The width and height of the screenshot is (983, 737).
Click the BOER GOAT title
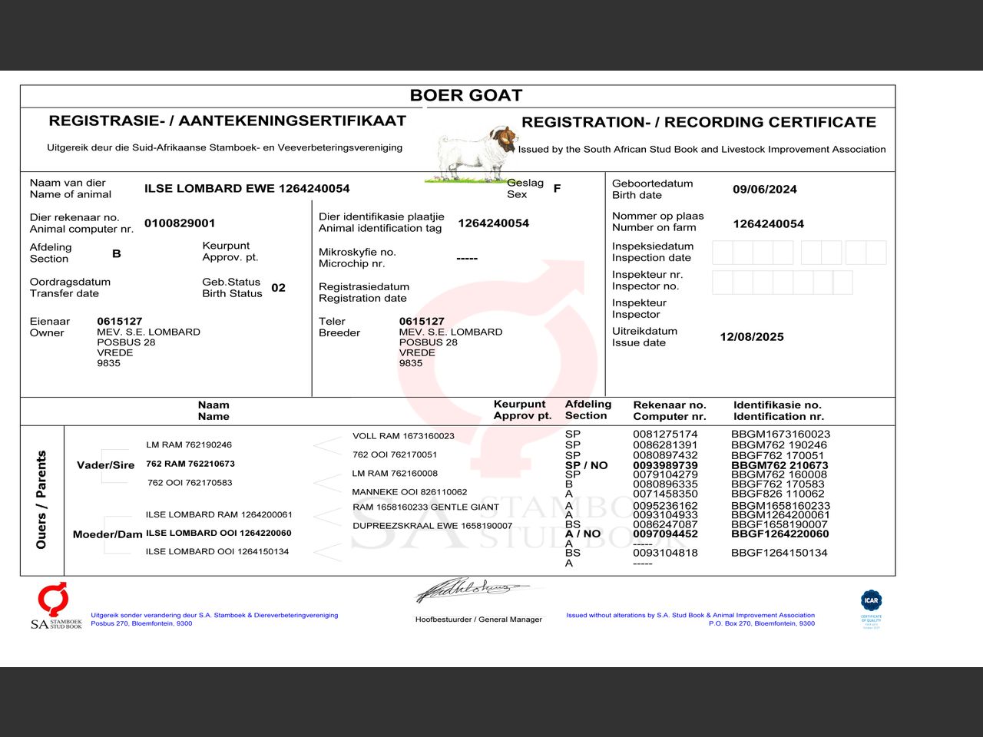pyautogui.click(x=466, y=95)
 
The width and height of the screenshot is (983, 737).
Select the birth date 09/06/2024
pyautogui.click(x=764, y=190)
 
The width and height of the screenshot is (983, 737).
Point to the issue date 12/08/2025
pyautogui.click(x=751, y=337)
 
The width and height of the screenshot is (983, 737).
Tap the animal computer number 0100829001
pyautogui.click(x=180, y=223)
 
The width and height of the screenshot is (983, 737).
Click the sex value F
pyautogui.click(x=557, y=188)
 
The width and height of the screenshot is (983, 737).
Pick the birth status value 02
pyautogui.click(x=278, y=288)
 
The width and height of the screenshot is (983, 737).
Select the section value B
pyautogui.click(x=117, y=253)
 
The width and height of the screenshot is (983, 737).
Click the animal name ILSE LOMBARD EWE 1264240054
pyautogui.click(x=247, y=189)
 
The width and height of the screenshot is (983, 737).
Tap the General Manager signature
pyautogui.click(x=472, y=590)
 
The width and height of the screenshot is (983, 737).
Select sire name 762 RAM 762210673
pyautogui.click(x=190, y=464)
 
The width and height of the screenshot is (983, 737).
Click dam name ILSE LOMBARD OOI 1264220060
pyautogui.click(x=218, y=533)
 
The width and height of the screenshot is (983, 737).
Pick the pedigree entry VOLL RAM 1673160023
pyautogui.click(x=403, y=436)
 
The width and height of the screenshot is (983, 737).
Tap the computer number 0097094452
pyautogui.click(x=665, y=534)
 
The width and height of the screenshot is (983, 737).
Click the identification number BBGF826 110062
pyautogui.click(x=777, y=494)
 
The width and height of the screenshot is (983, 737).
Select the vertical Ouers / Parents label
pyautogui.click(x=41, y=500)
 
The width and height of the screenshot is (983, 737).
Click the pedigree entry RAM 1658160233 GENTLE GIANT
pyautogui.click(x=425, y=507)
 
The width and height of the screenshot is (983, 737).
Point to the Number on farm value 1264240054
pyautogui.click(x=768, y=224)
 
